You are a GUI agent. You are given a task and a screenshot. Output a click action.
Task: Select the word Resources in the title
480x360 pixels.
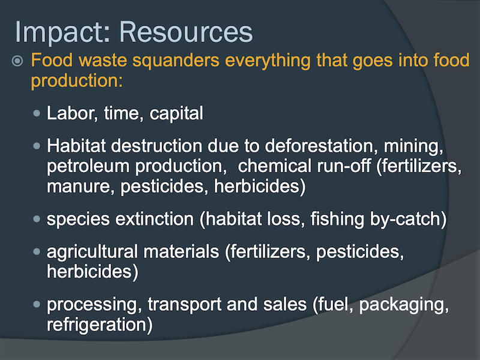click(186, 32)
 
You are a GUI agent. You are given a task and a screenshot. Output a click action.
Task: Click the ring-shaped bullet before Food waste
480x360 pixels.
click(17, 61)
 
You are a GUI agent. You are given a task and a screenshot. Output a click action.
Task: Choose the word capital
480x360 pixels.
click(176, 114)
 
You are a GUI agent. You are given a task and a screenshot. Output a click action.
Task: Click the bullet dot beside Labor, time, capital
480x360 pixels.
click(37, 113)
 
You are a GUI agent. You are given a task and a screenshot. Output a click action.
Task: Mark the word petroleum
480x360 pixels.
click(88, 167)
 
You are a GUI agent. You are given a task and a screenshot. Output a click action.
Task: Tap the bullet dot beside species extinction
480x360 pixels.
click(37, 219)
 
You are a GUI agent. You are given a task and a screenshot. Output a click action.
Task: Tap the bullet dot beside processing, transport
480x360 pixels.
click(37, 304)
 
